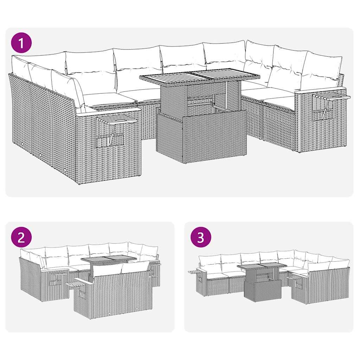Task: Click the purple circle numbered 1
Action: [21, 43]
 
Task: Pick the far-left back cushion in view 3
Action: [210, 261]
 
